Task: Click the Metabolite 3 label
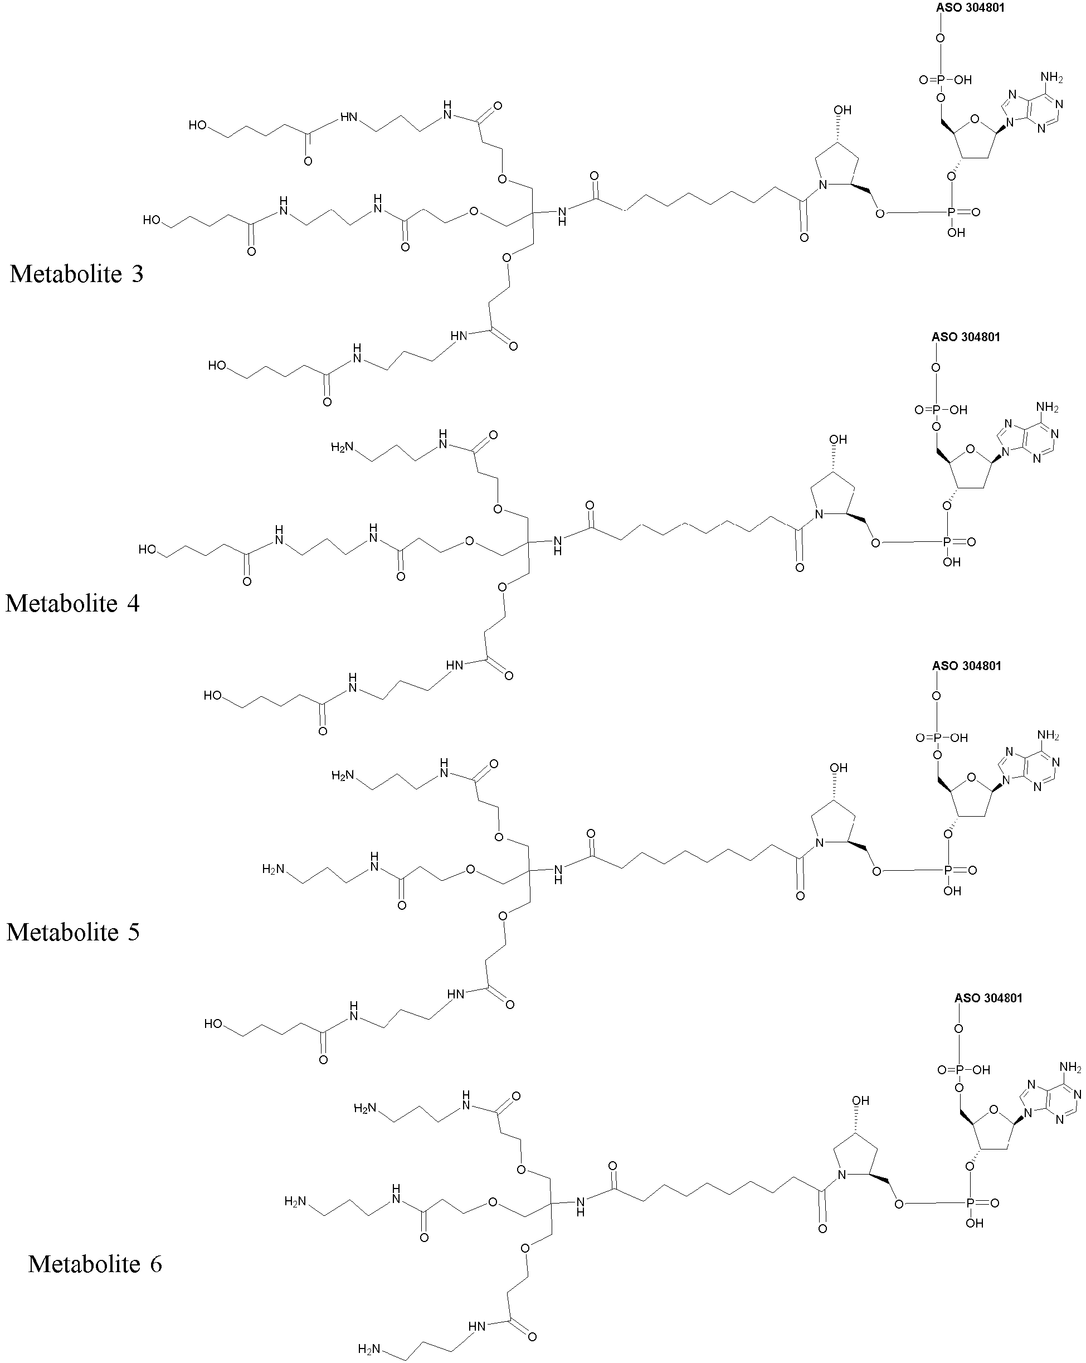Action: (x=77, y=274)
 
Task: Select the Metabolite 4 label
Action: (x=72, y=603)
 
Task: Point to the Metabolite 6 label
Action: (x=95, y=1264)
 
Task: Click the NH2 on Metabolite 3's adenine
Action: (x=1051, y=77)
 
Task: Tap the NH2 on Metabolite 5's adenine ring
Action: (x=1048, y=735)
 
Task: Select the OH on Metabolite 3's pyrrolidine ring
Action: (x=842, y=110)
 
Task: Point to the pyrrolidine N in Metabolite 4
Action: (x=819, y=515)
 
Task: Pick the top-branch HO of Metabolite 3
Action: (x=198, y=125)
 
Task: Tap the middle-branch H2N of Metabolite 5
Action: (x=274, y=869)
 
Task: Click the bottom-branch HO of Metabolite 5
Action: (x=213, y=1024)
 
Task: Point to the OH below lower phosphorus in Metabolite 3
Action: (x=957, y=232)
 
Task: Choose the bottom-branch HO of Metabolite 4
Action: (x=212, y=695)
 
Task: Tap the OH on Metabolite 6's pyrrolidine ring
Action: (x=860, y=1100)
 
